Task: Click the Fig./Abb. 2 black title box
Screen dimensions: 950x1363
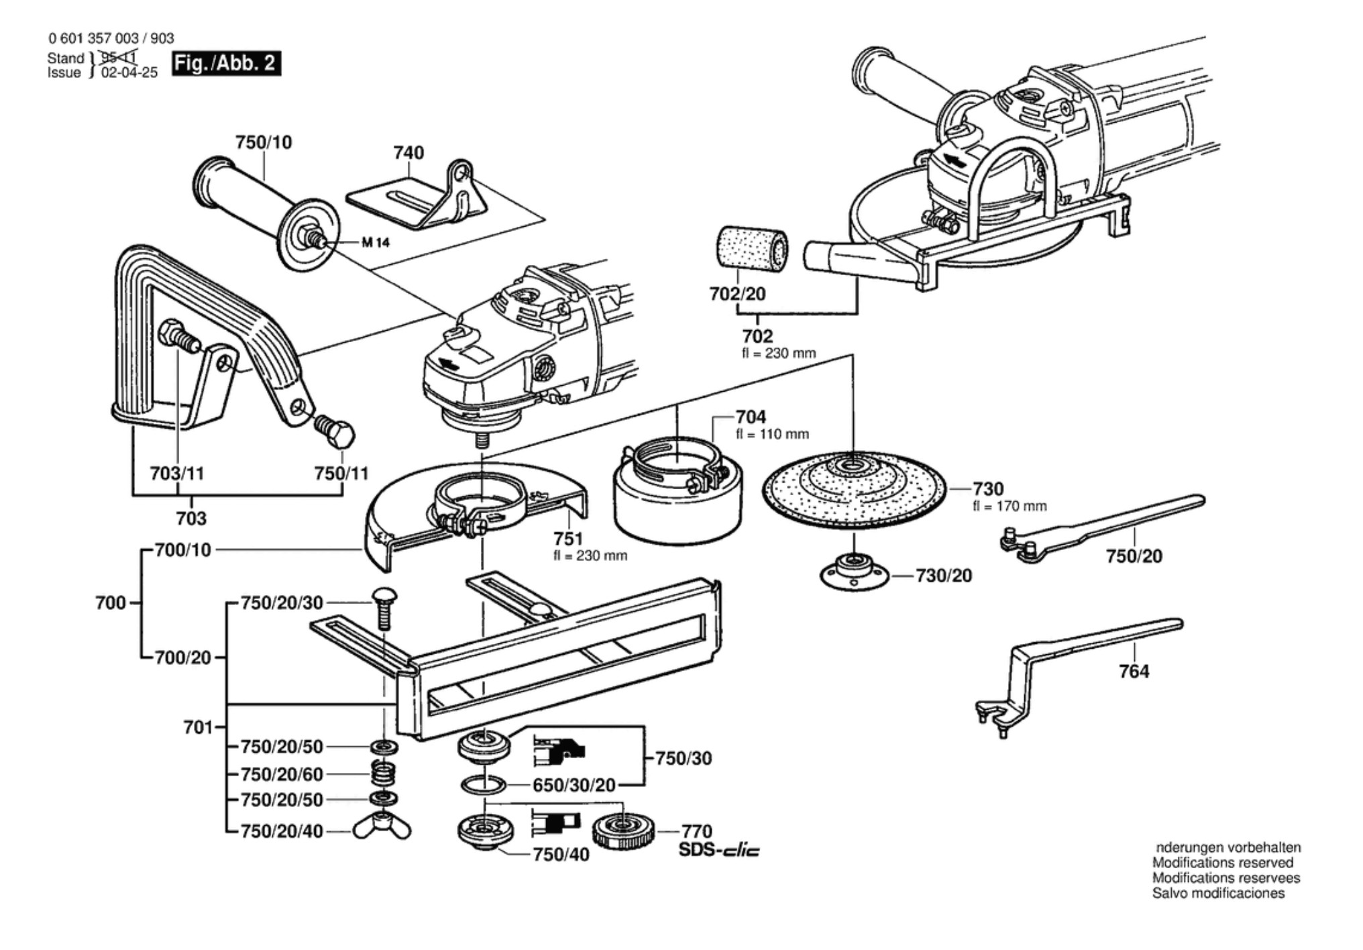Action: (226, 63)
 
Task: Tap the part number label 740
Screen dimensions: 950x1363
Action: (408, 153)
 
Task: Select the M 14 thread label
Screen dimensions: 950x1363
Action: (375, 242)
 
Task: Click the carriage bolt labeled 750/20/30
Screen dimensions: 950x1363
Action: (384, 607)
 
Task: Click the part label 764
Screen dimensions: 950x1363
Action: (1134, 671)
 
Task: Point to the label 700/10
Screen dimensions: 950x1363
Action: (182, 550)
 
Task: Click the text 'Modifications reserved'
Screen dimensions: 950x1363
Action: (1222, 863)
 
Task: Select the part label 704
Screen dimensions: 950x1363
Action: (751, 417)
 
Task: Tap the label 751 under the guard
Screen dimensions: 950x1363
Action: (568, 539)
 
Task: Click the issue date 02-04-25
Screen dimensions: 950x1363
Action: (129, 72)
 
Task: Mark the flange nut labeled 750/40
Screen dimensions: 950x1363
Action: (484, 833)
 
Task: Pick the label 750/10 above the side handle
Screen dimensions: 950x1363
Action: (264, 142)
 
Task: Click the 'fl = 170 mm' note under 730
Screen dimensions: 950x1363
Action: (1010, 506)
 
